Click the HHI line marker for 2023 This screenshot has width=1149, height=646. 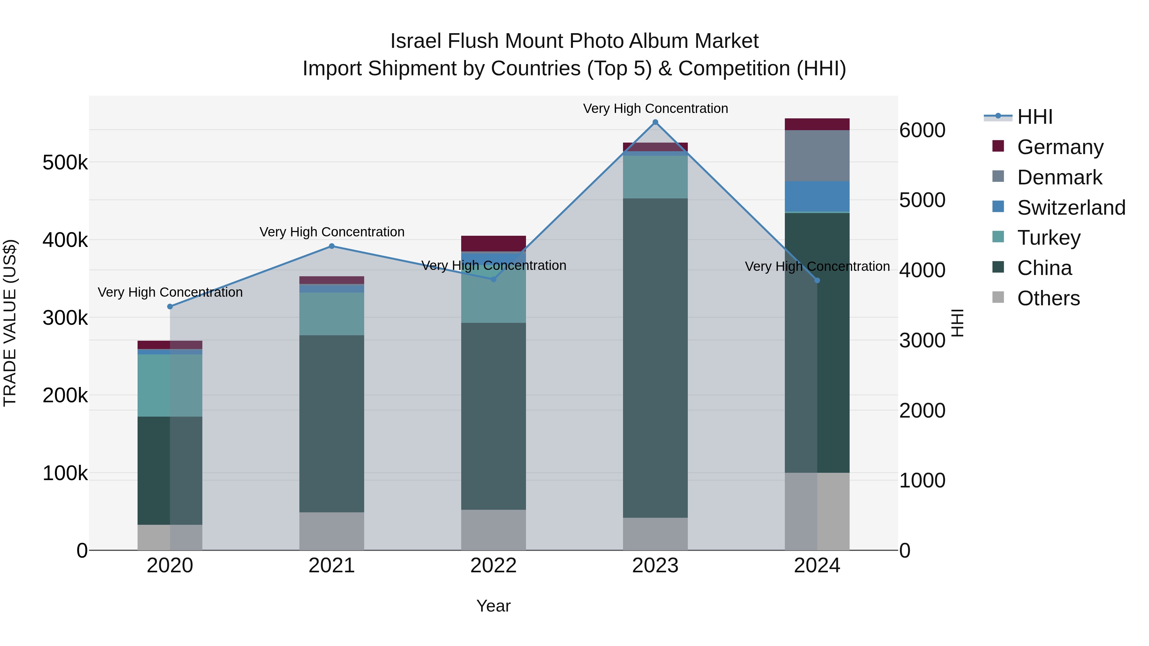point(655,122)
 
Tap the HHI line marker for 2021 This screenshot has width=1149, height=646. point(331,246)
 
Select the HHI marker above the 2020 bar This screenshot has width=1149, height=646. point(170,307)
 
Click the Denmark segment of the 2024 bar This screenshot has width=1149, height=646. point(817,156)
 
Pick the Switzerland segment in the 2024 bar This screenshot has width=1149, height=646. point(817,196)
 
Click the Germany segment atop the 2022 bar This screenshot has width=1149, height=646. point(493,243)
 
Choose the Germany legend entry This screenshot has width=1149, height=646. point(1060,147)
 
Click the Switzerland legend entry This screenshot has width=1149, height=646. point(1071,208)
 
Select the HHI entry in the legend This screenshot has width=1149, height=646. point(1034,117)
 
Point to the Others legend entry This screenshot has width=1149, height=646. point(1048,298)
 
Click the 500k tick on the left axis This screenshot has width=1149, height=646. point(65,163)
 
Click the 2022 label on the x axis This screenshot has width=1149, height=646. point(493,566)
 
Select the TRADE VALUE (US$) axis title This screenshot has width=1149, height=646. point(10,323)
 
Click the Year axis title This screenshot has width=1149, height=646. point(493,606)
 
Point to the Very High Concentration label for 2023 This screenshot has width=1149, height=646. point(655,108)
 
